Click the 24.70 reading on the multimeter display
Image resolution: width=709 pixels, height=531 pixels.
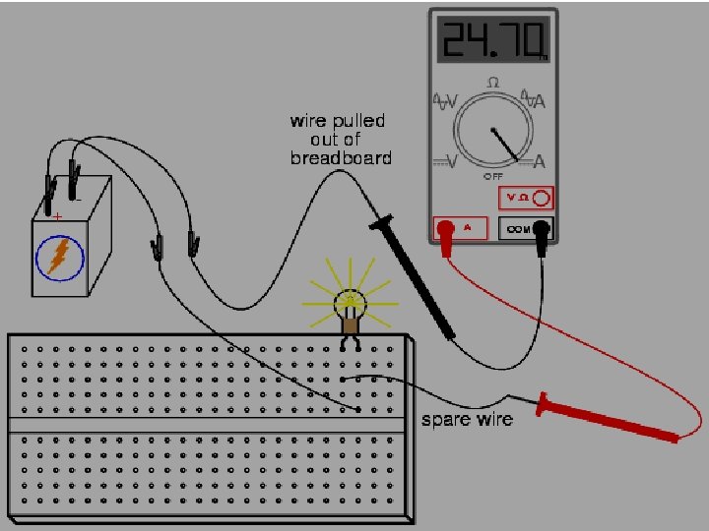492,41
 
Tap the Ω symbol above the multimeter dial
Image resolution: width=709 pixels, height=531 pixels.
493,82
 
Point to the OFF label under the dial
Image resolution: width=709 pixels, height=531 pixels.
493,177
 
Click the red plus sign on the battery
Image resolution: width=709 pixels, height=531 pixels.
58,215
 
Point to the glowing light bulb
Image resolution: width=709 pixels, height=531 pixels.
349,300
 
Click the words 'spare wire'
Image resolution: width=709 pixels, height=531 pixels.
467,420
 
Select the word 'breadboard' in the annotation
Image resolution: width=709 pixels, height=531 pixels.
341,157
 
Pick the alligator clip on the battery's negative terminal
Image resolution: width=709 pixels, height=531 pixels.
74,177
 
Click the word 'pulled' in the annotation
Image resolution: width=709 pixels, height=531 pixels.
359,121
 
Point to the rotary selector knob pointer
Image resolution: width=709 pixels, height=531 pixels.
506,143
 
